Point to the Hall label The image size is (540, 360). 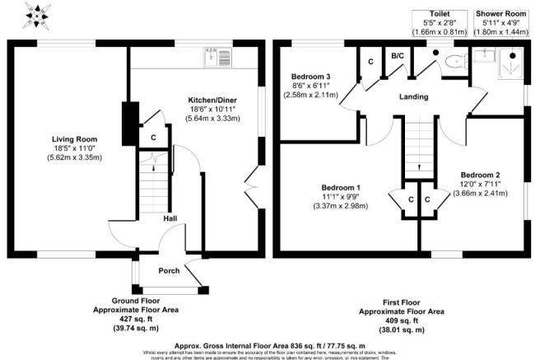[170, 219]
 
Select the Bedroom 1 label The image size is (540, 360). [340, 188]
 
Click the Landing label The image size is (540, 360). [413, 97]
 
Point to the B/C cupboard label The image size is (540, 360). [396, 55]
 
